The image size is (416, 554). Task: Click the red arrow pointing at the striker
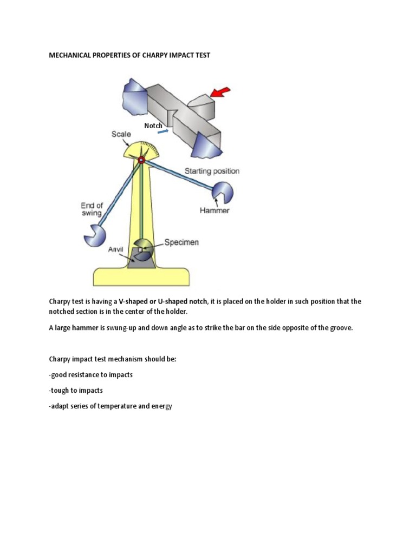(220, 93)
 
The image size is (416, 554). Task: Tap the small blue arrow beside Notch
(169, 130)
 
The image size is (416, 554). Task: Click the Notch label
(153, 126)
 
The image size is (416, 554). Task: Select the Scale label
(121, 134)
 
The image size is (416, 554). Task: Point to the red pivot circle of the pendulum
(141, 160)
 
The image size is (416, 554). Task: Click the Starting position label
(212, 171)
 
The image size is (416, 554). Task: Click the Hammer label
(215, 210)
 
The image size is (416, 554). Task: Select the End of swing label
(92, 209)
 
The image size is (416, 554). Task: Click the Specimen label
(181, 242)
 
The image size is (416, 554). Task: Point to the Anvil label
(116, 249)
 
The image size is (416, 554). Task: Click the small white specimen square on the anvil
(140, 250)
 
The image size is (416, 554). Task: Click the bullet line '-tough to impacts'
(76, 390)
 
